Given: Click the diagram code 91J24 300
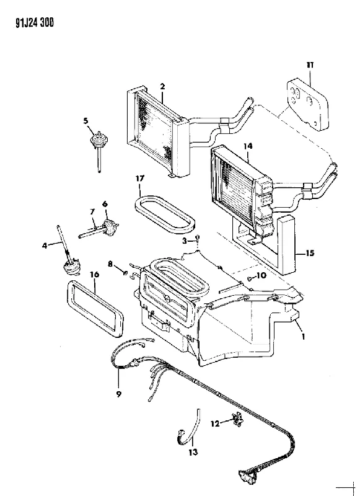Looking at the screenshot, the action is (35, 23).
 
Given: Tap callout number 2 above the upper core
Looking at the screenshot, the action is (162, 86).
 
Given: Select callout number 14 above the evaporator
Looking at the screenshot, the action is (248, 146).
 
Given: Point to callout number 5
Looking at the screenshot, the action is (86, 121).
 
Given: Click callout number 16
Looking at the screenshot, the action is (95, 274).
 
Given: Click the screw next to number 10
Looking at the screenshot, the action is (250, 278).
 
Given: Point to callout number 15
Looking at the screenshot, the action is (310, 253).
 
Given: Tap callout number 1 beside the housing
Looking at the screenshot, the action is (303, 337).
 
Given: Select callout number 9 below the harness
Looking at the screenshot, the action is (119, 394).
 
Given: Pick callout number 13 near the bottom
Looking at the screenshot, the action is (193, 453).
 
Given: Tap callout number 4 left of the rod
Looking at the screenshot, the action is (45, 245).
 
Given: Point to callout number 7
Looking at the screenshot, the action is (92, 211).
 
